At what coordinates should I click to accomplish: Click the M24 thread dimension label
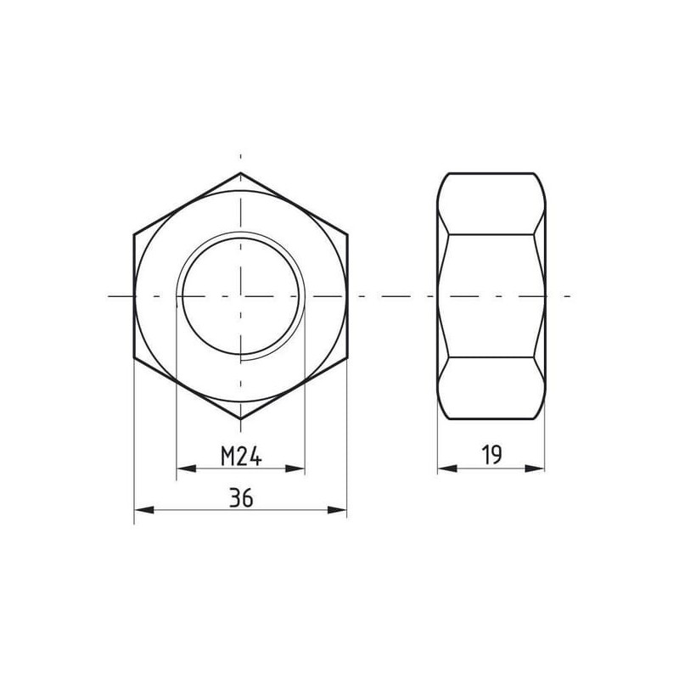pos(241,457)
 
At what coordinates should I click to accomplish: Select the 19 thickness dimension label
pos(492,455)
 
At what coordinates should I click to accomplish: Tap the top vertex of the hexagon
pos(241,173)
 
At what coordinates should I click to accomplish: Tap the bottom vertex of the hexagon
pos(241,419)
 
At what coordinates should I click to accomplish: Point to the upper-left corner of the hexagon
pos(134,235)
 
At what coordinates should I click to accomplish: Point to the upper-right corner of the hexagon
pos(347,235)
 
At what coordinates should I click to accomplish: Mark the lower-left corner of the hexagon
pos(134,357)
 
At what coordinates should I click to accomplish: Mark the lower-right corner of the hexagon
pos(347,357)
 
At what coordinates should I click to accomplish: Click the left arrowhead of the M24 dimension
pos(186,469)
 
